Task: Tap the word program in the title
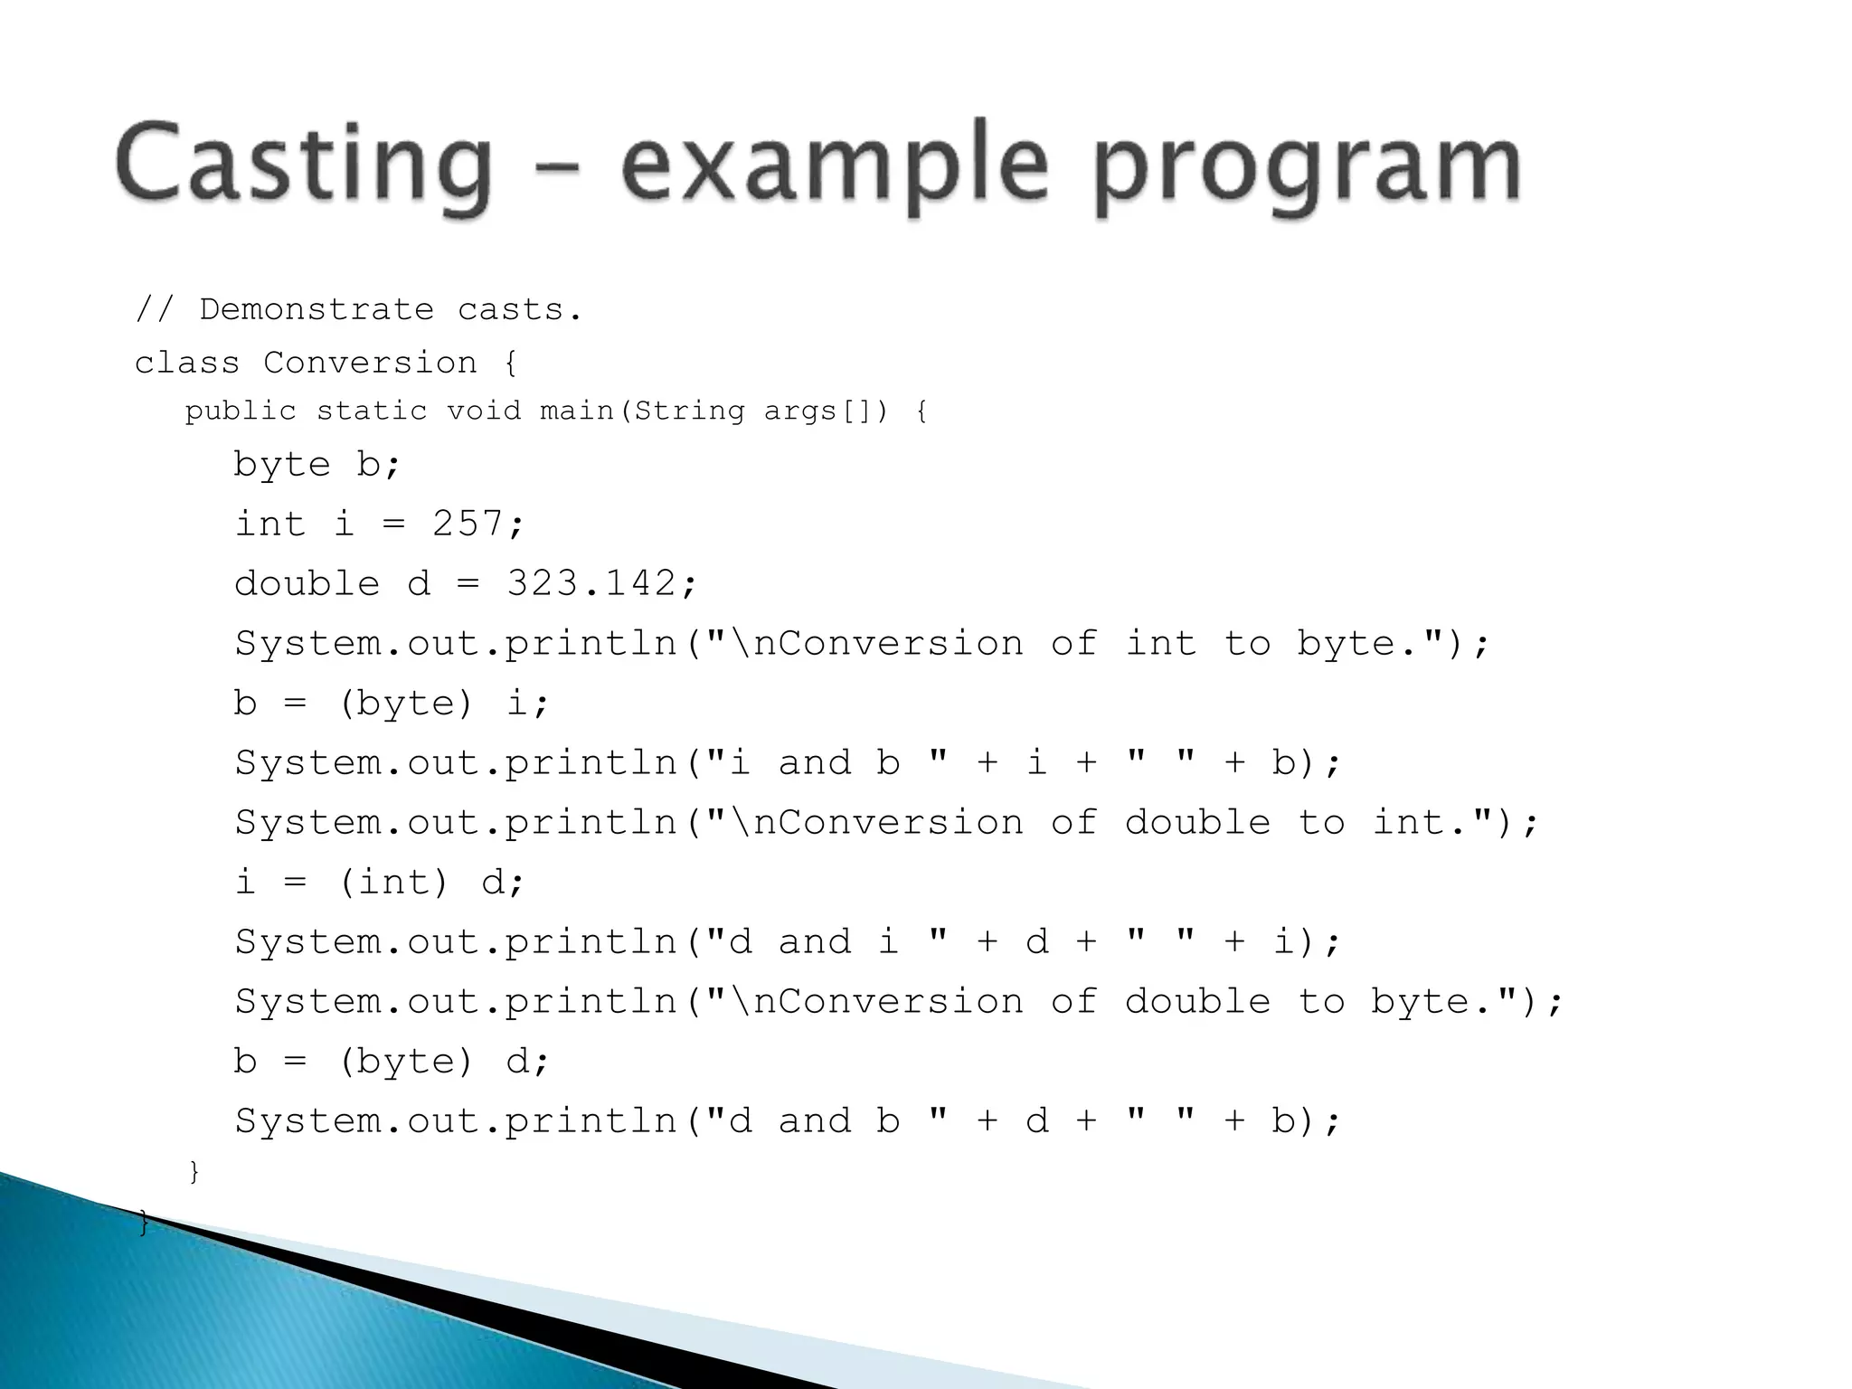click(1307, 167)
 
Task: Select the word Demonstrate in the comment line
click(316, 310)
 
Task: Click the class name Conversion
click(370, 364)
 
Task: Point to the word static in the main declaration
click(371, 411)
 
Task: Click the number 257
click(467, 524)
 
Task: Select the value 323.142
click(591, 583)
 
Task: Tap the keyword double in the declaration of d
click(307, 583)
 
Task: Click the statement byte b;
click(317, 465)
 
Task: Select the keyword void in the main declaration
click(484, 411)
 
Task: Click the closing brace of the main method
click(194, 1172)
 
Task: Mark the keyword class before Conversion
click(187, 364)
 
